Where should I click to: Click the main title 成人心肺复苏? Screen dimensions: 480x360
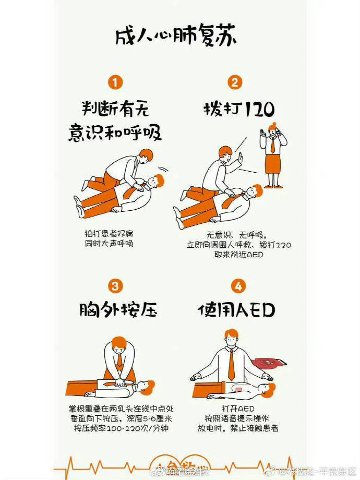[176, 38]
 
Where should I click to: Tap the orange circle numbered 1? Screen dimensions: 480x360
[115, 82]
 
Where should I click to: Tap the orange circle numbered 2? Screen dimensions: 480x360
[235, 82]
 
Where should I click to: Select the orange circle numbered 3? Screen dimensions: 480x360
[115, 285]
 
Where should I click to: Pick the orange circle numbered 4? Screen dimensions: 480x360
[238, 286]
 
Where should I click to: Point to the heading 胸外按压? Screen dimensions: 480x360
[118, 310]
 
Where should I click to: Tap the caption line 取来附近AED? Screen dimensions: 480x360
[238, 255]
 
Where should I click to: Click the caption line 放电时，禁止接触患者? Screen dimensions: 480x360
[238, 428]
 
